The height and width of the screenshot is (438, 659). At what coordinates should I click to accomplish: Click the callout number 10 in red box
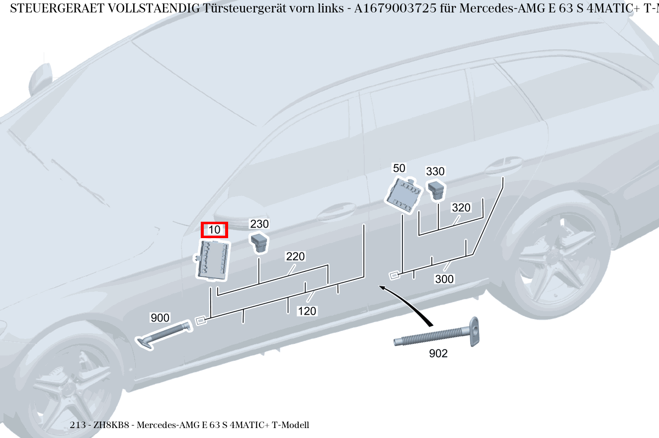214,230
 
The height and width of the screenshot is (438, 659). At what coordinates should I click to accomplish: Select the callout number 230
259,224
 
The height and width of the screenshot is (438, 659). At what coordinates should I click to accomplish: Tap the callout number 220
295,257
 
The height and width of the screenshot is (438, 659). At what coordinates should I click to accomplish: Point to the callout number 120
307,311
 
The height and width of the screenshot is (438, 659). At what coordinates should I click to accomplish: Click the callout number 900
160,318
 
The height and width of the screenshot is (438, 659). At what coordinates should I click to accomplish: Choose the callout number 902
438,353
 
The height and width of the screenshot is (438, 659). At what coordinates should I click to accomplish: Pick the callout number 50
399,168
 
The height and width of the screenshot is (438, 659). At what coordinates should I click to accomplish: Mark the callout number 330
435,172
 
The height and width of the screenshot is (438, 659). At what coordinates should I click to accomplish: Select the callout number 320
461,208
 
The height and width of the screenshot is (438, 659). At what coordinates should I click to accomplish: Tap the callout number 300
444,279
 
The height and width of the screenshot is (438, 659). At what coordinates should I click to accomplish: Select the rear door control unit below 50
404,195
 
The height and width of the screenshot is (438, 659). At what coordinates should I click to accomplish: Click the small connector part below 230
259,242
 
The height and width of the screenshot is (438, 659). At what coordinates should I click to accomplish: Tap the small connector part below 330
436,189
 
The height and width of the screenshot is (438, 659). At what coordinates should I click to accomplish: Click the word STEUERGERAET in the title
46,8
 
